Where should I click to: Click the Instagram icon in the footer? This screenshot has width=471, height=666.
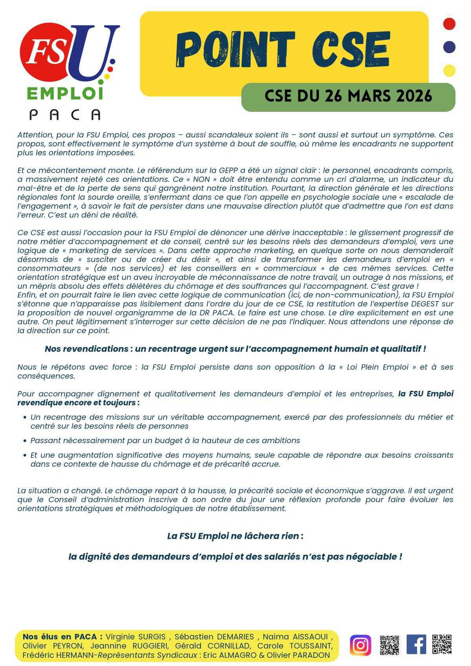[360, 645]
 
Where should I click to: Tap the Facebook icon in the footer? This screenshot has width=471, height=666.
[416, 644]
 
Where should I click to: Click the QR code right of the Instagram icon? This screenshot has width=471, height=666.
[389, 644]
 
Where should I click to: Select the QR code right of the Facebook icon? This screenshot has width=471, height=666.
[442, 644]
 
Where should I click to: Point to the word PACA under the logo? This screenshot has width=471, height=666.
[65, 114]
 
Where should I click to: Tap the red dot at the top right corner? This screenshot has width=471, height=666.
[449, 24]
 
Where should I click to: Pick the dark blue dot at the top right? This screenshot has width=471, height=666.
[449, 47]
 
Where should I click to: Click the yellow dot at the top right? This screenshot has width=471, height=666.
[449, 71]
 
